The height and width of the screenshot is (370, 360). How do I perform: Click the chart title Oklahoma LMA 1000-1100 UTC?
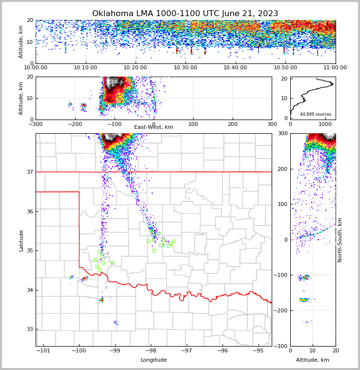click(185, 14)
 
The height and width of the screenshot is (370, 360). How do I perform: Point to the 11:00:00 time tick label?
click(335, 68)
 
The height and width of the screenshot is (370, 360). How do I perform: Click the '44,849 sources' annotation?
click(316, 114)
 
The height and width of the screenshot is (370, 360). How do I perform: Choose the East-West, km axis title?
click(154, 127)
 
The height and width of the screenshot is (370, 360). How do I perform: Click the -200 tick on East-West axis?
click(75, 124)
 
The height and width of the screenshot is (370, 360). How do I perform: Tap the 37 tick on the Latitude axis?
click(29, 172)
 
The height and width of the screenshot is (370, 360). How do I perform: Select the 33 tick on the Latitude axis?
click(29, 329)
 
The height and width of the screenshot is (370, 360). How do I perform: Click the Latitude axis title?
click(21, 240)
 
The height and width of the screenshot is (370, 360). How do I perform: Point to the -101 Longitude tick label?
click(43, 350)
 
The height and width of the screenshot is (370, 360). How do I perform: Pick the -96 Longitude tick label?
click(222, 350)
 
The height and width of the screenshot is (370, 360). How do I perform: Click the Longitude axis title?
click(154, 360)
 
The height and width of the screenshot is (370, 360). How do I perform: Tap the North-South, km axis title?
click(340, 240)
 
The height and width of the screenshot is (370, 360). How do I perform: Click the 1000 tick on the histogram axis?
click(324, 124)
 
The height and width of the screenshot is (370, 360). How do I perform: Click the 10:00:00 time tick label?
click(36, 68)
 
